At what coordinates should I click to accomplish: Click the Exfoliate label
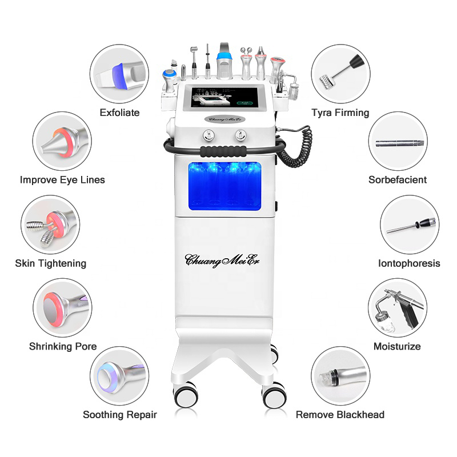(119, 113)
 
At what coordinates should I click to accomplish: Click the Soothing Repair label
(119, 415)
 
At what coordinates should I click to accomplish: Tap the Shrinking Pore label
(62, 346)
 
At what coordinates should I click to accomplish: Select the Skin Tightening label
(51, 263)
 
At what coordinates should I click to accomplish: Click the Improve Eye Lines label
(62, 180)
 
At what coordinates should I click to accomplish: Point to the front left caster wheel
(185, 394)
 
